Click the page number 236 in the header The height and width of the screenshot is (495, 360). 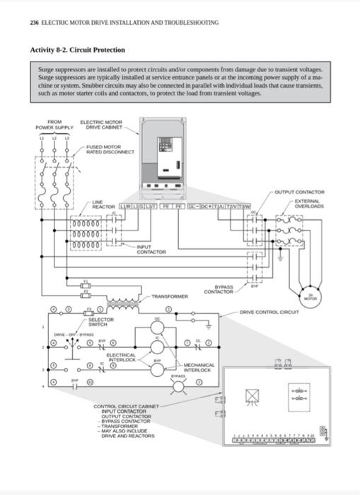(34, 23)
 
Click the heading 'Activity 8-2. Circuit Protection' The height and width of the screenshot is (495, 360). (78, 50)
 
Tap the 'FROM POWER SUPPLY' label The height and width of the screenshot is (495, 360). (54, 125)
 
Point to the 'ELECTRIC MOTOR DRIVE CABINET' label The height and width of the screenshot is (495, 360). (104, 125)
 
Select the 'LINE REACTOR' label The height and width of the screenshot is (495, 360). (103, 204)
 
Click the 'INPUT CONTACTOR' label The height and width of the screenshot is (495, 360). (151, 250)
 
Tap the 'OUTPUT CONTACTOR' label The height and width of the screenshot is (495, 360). (299, 192)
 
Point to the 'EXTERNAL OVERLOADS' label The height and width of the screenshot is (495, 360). (308, 204)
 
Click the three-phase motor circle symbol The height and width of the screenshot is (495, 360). (308, 298)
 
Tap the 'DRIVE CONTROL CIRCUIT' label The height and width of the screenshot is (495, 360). (269, 312)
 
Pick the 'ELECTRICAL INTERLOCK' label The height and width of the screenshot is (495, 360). (121, 357)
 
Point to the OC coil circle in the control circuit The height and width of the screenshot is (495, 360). (158, 327)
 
